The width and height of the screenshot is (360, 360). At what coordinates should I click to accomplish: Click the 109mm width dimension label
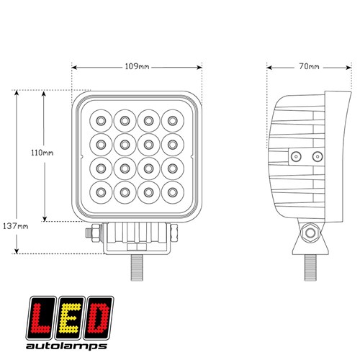tap(137, 66)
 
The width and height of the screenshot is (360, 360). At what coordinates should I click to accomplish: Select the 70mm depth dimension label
tap(309, 66)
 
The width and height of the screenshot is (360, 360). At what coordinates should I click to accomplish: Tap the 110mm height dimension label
tap(42, 153)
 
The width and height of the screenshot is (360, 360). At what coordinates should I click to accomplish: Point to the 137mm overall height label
tap(16, 226)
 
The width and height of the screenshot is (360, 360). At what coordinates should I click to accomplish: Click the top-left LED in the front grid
tap(101, 121)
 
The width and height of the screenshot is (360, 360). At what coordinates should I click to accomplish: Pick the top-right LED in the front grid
tap(173, 121)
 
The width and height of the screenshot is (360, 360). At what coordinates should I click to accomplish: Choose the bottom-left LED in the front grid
tap(101, 192)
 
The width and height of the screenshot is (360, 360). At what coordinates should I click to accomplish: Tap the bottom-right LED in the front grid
tap(173, 192)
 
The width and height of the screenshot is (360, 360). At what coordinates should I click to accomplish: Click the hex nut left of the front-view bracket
tap(96, 233)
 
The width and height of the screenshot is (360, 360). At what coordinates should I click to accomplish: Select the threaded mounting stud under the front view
tap(137, 267)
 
